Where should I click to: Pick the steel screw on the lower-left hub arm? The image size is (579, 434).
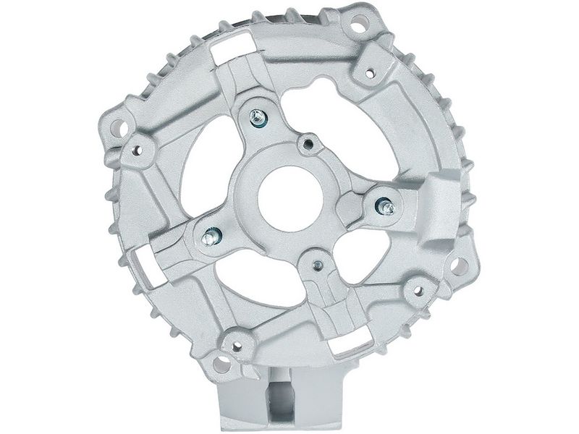(212, 233)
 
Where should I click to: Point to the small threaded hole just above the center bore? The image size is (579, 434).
(310, 143)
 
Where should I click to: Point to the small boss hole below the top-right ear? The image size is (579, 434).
(371, 71)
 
